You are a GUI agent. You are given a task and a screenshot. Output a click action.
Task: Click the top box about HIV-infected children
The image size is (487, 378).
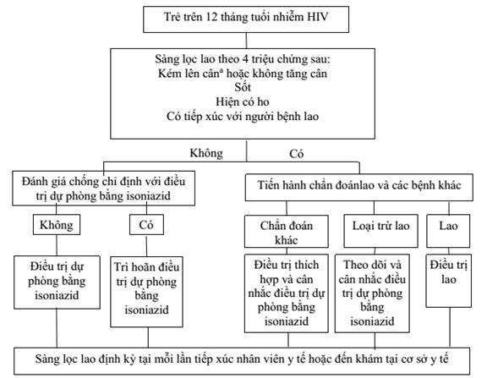tap(246, 19)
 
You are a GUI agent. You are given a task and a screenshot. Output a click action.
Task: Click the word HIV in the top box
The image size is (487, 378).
tap(317, 17)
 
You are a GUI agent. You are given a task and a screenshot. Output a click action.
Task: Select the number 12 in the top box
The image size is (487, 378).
tap(211, 17)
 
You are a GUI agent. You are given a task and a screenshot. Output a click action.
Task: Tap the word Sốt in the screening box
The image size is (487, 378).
tap(243, 87)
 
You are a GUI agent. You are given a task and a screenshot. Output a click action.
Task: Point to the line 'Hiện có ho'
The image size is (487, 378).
tap(243, 101)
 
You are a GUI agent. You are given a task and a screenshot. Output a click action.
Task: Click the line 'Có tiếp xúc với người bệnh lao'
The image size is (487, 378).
tap(243, 116)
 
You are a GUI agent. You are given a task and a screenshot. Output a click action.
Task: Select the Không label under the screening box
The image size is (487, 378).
tap(206, 153)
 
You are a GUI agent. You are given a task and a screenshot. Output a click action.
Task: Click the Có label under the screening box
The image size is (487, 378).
tap(296, 153)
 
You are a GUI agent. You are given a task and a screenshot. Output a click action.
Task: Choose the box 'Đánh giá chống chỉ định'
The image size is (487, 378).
tap(104, 189)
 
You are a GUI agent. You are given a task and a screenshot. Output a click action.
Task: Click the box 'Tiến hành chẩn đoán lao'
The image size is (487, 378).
tap(359, 187)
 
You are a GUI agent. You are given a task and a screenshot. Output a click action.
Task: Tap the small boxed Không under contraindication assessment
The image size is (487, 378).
tap(57, 225)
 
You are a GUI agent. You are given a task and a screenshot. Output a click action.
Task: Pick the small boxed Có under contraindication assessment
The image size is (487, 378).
tap(146, 225)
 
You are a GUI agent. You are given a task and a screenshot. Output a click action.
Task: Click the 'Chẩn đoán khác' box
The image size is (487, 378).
tap(287, 232)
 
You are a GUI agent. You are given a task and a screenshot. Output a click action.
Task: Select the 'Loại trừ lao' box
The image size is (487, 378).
tap(380, 232)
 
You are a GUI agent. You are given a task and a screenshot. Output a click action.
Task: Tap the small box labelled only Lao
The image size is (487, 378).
tap(448, 231)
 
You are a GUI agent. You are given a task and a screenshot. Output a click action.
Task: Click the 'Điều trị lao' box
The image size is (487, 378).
tap(448, 281)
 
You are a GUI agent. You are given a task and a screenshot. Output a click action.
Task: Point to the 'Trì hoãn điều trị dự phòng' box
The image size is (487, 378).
tap(146, 292)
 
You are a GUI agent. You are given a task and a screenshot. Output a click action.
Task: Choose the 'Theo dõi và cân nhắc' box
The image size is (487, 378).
tap(372, 293)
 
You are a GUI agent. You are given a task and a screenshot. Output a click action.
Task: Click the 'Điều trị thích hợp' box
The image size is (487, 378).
tap(287, 293)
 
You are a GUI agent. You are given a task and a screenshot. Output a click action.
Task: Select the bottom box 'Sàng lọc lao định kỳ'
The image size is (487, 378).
tap(242, 361)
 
